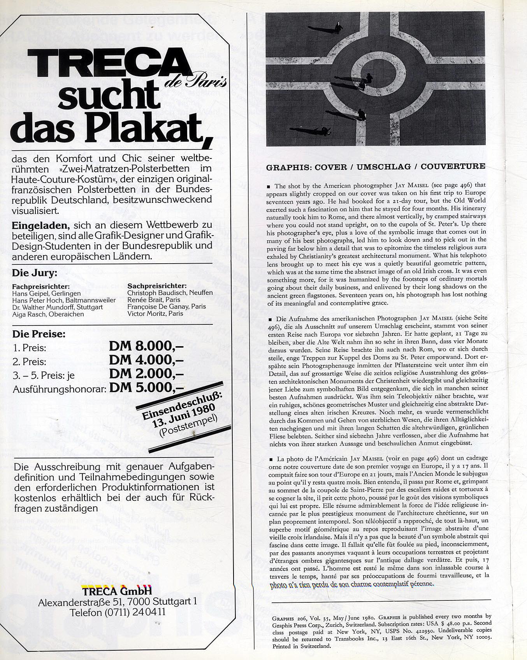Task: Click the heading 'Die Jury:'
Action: click(35, 273)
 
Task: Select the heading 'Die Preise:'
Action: click(39, 334)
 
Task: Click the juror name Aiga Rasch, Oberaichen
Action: click(48, 314)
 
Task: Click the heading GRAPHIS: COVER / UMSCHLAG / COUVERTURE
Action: click(375, 167)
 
